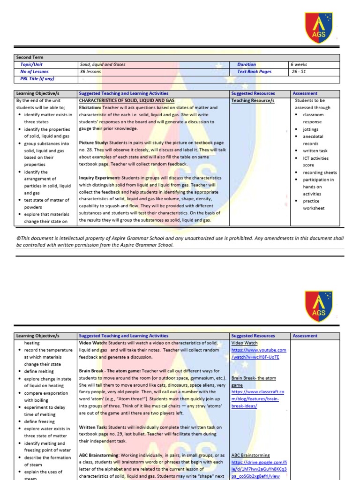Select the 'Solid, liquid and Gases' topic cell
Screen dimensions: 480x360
pos(103,65)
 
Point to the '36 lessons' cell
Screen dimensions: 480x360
pos(90,72)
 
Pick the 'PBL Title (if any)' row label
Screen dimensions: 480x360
pos(37,79)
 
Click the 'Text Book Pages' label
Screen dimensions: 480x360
pos(254,72)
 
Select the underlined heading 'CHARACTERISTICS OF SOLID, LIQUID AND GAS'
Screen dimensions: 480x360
pos(127,101)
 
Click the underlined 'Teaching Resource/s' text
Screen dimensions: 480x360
pos(253,101)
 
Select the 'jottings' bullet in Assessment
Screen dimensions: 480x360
pos(310,129)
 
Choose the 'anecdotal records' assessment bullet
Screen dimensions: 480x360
pos(312,140)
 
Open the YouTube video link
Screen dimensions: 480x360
pos(258,353)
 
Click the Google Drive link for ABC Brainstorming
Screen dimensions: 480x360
pos(259,469)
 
